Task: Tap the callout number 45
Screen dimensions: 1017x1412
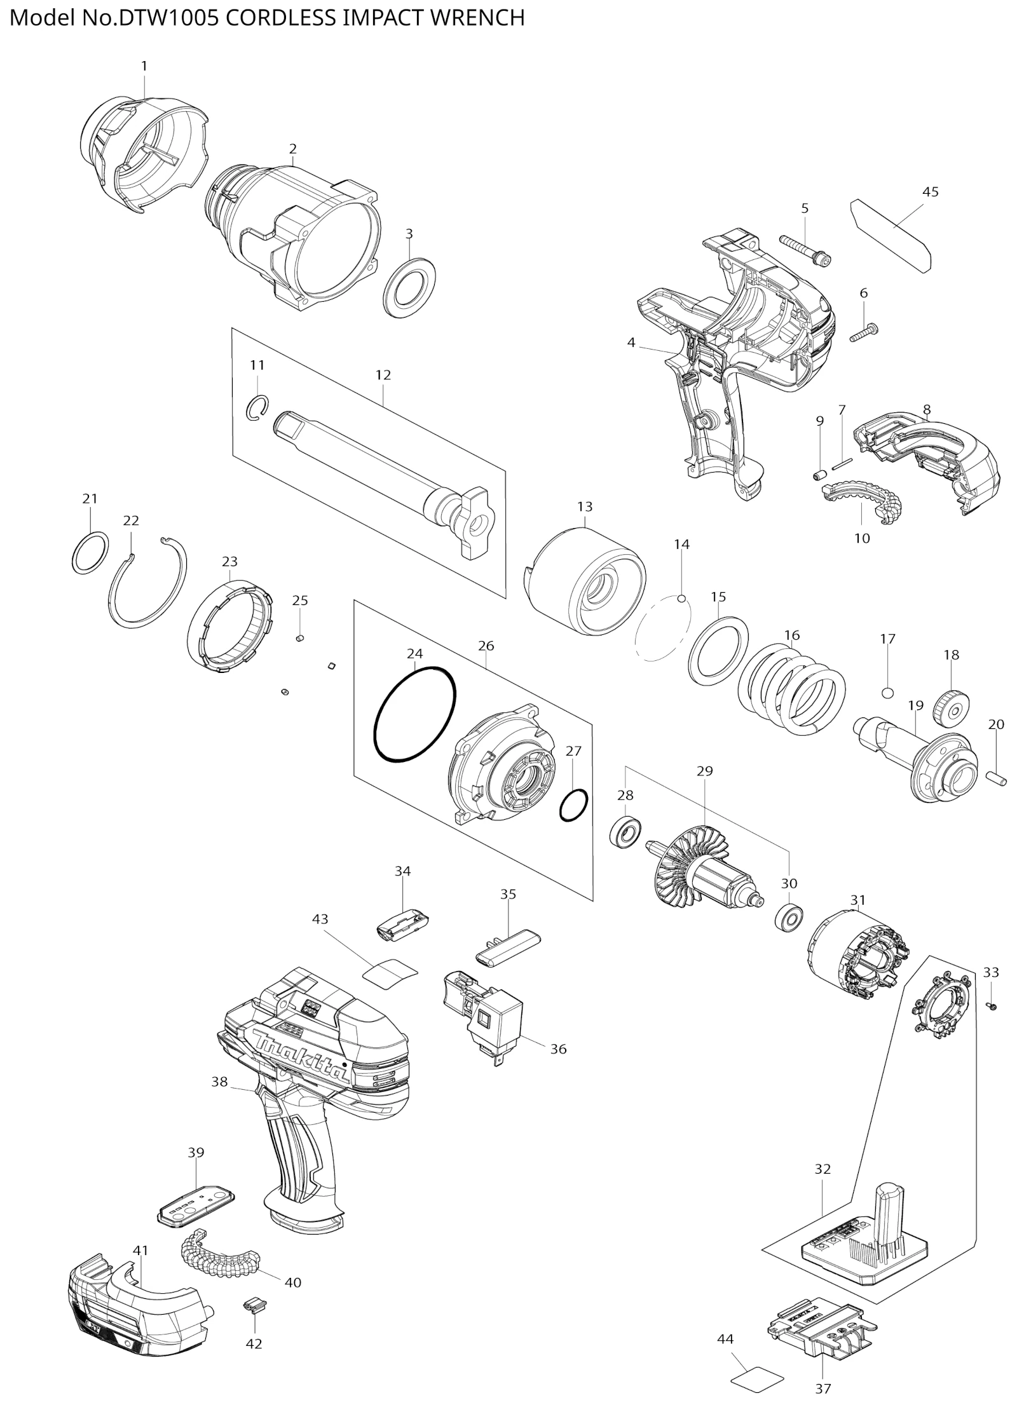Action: point(930,191)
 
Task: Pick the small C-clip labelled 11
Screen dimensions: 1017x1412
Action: point(257,407)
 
